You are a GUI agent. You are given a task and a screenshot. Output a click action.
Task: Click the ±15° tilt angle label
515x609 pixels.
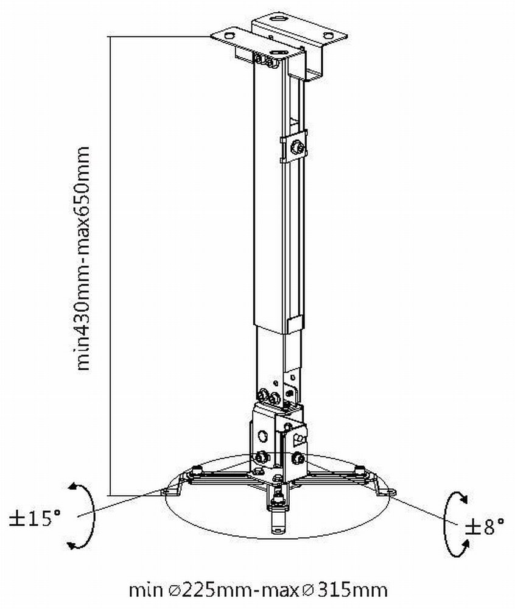point(35,519)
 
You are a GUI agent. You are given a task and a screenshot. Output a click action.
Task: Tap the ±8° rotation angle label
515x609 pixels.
point(485,526)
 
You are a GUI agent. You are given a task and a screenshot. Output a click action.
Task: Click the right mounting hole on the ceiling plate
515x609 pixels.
point(328,36)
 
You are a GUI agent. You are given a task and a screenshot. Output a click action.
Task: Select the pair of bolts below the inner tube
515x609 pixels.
point(268,396)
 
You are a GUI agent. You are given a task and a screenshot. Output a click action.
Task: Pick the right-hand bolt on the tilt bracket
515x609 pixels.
point(298,457)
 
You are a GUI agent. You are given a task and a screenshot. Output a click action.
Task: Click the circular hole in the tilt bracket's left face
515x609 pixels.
point(263,435)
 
